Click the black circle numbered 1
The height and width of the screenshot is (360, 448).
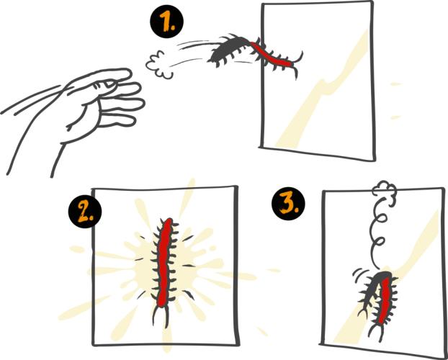(167, 22)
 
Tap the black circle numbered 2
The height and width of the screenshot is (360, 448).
(85, 212)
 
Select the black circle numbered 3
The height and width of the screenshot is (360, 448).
(288, 204)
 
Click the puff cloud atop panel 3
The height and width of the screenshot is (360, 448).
(385, 189)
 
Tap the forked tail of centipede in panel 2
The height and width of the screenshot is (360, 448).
(161, 315)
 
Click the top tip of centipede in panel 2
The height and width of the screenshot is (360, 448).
(169, 220)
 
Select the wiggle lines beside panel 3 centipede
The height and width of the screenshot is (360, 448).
(358, 273)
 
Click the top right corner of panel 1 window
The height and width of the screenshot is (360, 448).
(372, 1)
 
